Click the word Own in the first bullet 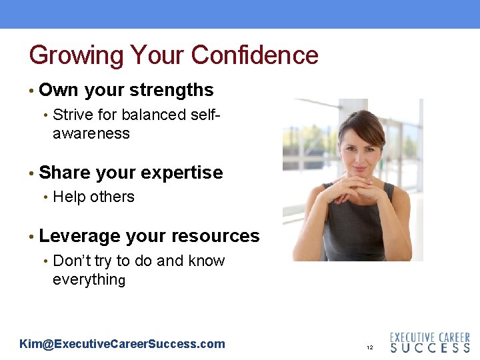(57, 90)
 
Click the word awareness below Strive (91, 133)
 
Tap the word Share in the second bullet (65, 173)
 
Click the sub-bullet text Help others (93, 197)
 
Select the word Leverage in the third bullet (79, 237)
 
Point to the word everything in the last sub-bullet (89, 279)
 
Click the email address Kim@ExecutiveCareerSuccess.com (123, 344)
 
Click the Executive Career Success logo (429, 343)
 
